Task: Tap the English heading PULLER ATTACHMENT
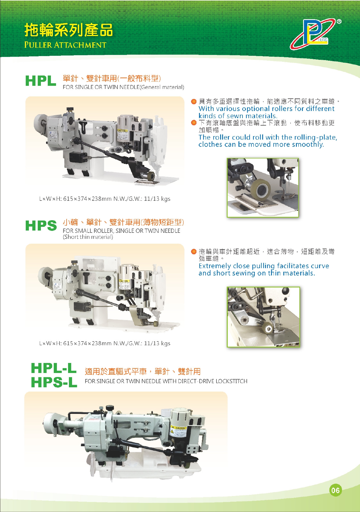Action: [65, 45]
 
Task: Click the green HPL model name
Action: [41, 81]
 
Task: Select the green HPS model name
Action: [41, 225]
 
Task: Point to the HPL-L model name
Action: [54, 368]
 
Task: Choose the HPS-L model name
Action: [54, 382]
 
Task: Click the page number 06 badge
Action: [335, 491]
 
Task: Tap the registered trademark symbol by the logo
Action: [339, 21]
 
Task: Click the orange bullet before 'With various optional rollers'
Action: [194, 101]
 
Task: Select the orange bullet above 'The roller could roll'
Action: [194, 123]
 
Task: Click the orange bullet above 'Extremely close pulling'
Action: [194, 251]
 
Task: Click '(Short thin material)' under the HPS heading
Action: [88, 237]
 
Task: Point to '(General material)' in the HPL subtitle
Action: [162, 87]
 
